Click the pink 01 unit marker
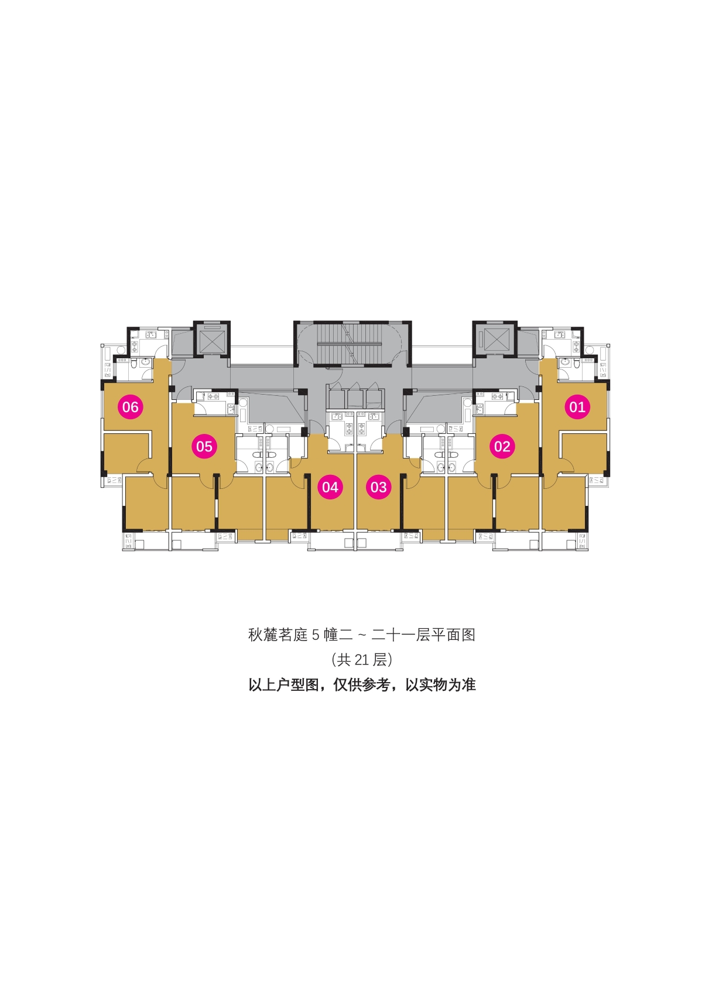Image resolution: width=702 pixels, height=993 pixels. click(577, 406)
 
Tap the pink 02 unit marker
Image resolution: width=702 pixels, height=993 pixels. click(502, 446)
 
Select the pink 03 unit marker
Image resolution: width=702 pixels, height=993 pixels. click(378, 487)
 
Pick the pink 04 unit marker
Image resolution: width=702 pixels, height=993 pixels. click(330, 487)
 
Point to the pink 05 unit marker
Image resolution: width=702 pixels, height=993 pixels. click(204, 446)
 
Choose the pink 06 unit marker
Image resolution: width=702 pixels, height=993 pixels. click(131, 406)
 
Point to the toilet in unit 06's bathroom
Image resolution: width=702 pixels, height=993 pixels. click(133, 364)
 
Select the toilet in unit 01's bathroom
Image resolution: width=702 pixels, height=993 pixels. click(575, 364)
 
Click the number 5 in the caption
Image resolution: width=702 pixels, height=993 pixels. click(315, 635)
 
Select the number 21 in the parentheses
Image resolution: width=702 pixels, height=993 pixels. click(362, 660)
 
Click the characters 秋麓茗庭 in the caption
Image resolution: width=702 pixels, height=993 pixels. click(278, 635)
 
